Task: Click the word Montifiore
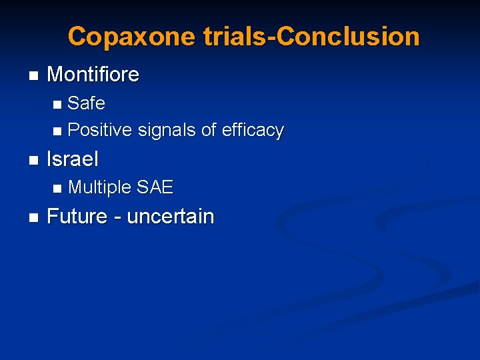[93, 75]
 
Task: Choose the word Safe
[86, 103]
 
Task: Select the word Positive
[100, 130]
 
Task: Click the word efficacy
[253, 130]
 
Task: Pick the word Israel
[73, 159]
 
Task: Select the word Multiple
[100, 188]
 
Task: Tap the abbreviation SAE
[155, 188]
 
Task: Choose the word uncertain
[170, 217]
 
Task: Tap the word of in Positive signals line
[209, 130]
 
